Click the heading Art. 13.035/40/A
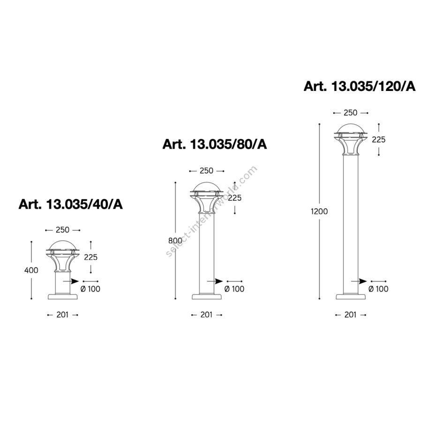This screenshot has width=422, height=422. pos(70,204)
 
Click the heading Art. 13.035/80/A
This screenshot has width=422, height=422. pos(214,144)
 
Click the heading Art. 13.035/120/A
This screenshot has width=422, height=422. pos(360,86)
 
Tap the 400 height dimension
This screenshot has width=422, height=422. pos(31,270)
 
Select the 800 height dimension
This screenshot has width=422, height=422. pos(175,241)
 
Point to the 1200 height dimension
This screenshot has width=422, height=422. pos(319,211)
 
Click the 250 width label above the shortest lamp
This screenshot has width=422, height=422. pos(62,230)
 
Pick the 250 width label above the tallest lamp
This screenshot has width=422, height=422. pos(350,113)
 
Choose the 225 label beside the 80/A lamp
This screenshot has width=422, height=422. pos(235,198)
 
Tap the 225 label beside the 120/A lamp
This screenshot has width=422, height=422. pos(379,139)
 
